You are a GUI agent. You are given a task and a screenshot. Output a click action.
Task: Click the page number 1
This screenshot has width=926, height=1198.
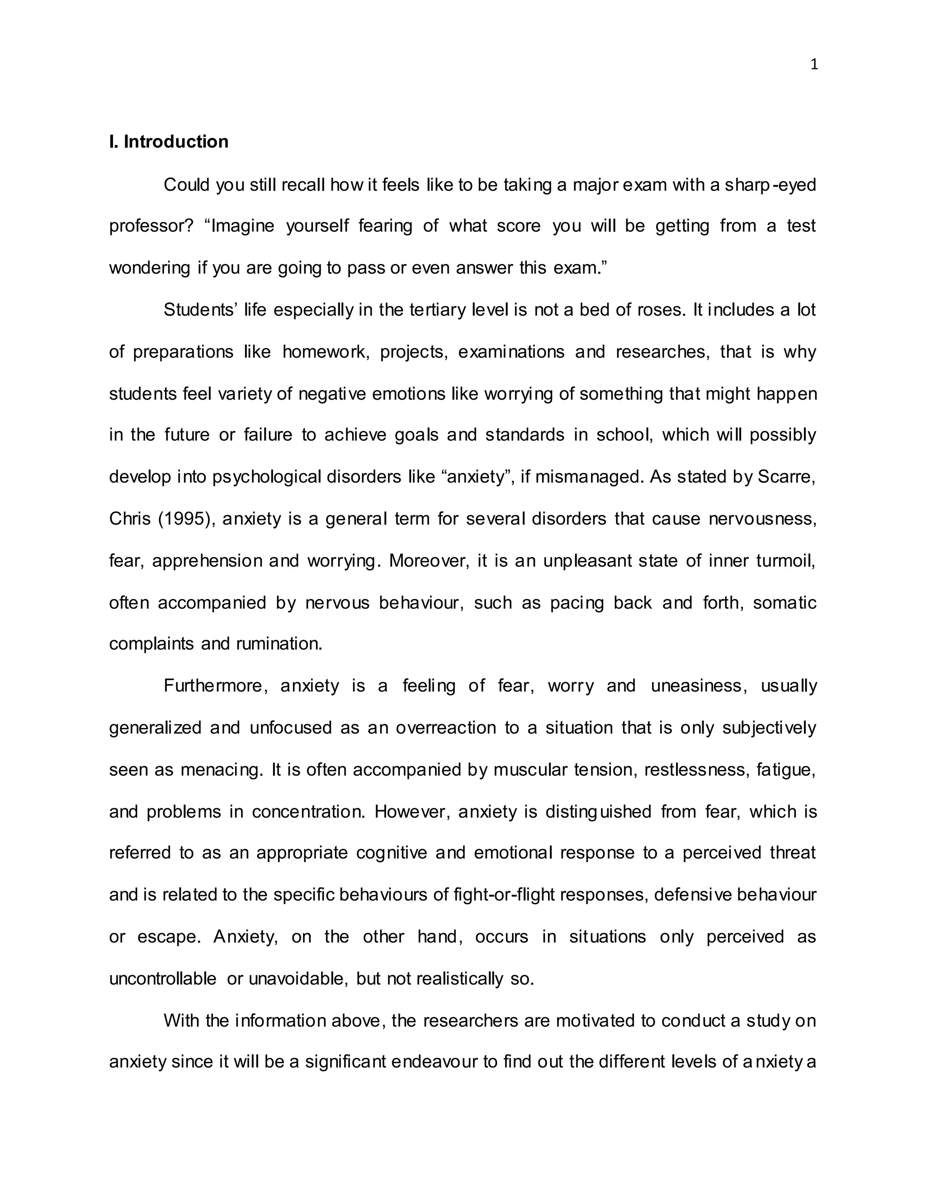click(814, 65)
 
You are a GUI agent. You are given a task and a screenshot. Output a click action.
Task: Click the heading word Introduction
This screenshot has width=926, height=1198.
click(175, 141)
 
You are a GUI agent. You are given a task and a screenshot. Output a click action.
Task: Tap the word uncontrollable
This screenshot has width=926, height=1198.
click(163, 979)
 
